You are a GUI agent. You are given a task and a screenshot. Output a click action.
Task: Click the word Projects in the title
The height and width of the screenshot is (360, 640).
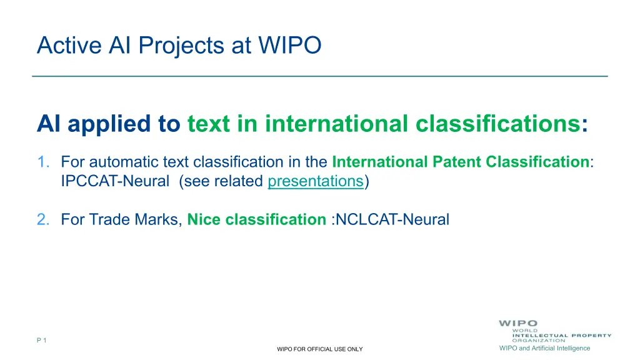[x=181, y=46]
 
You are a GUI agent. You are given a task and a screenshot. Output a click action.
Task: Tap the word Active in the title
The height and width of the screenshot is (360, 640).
[x=69, y=45]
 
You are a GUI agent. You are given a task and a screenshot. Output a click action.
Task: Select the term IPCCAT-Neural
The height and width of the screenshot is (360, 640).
[x=115, y=181]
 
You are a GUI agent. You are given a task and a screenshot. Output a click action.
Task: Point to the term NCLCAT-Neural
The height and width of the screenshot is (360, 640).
[x=392, y=219]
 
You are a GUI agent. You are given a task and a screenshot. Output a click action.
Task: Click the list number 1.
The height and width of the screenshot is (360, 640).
[x=43, y=162]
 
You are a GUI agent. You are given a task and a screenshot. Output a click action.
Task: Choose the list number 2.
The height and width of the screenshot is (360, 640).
[x=43, y=219]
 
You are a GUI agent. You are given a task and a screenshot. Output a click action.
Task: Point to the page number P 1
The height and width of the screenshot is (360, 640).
[x=42, y=340]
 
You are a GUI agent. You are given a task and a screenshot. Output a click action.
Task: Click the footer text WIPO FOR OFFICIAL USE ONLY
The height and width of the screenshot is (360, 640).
[x=319, y=349]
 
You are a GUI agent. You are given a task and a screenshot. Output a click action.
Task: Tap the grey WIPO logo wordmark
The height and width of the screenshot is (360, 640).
[x=518, y=323]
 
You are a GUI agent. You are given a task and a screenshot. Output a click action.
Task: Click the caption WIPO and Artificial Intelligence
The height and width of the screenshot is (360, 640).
[x=544, y=348]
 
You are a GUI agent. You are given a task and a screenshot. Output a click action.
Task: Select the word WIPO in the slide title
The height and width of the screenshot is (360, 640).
[x=290, y=45]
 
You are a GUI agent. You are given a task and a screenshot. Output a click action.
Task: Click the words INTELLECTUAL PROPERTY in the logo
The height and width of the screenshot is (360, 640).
[x=562, y=336]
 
